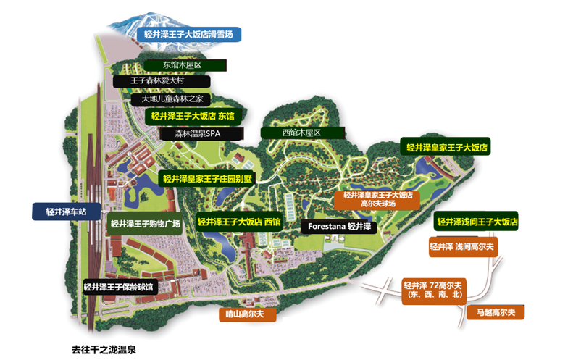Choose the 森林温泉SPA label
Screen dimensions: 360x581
[x=201, y=134]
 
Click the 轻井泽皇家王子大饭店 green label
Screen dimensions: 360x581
[x=446, y=148]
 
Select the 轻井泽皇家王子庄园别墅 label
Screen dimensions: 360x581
[x=207, y=179]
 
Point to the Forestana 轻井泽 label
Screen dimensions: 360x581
[x=339, y=227]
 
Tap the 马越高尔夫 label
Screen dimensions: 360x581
[x=496, y=313]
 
